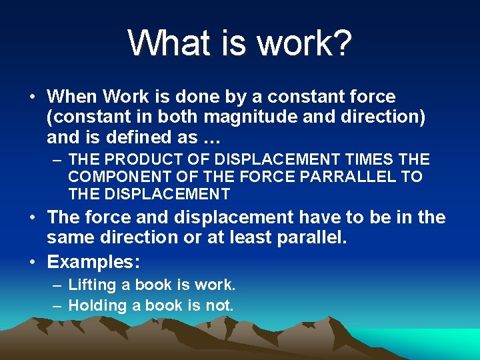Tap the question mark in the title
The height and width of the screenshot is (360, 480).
pos(341,43)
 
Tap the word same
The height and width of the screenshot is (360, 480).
pos(69,237)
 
